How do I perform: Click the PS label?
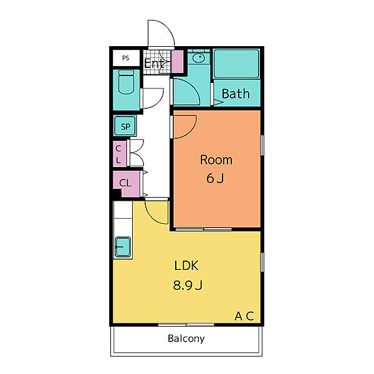point(126,58)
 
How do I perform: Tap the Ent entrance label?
point(154,64)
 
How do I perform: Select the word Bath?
point(236,93)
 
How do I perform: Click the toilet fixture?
point(126,82)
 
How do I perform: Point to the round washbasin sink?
point(198,58)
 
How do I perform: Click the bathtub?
point(236,64)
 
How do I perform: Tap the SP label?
point(126,127)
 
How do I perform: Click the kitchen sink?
point(123,247)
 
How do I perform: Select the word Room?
point(216,160)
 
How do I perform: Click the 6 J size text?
point(215,178)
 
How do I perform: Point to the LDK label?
point(186,266)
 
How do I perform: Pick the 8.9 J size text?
point(188,285)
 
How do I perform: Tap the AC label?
point(244,316)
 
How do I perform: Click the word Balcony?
point(186,338)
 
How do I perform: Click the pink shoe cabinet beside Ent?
point(178,62)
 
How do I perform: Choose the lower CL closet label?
point(125,183)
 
